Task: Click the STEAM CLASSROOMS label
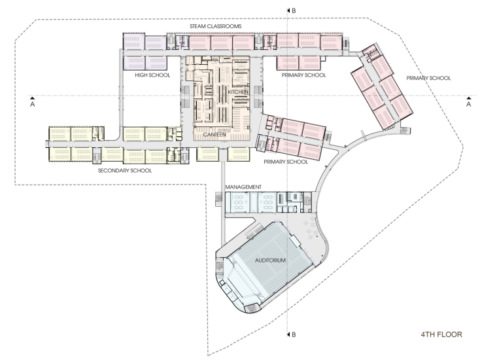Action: pos(216,26)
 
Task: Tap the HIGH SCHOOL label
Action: pos(152,75)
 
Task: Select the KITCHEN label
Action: pos(238,92)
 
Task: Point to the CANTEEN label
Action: pos(214,134)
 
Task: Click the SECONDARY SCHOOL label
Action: pos(125,171)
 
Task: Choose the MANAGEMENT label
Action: pos(243,187)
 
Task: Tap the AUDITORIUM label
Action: pos(270,261)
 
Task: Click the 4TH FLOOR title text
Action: pos(441,334)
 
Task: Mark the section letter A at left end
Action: pos(32,104)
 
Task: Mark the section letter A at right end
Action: pos(468,104)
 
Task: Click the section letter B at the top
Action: pos(294,10)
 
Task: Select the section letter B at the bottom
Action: pos(294,334)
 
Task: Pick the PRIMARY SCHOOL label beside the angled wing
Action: pos(428,78)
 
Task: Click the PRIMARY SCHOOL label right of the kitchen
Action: pos(304,75)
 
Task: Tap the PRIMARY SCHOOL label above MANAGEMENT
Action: pos(286,162)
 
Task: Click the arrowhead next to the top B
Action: pos(288,10)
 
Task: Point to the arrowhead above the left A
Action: pos(32,98)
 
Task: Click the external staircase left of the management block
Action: pos(218,199)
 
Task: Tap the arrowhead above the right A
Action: pos(468,98)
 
